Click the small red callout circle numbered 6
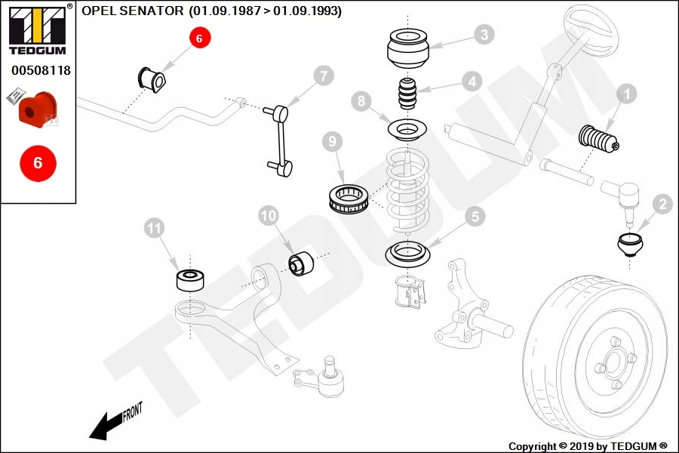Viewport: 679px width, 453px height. pos(200,38)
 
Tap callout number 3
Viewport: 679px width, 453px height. pos(484,34)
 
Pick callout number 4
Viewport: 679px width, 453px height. pos(472,81)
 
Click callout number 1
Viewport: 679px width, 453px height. pos(627,94)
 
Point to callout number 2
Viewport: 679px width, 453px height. pos(662,203)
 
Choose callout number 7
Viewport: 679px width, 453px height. pos(322,75)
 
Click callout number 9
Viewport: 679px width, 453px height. pos(331,141)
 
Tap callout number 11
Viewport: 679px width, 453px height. pos(155,227)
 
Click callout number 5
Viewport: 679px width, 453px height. pos(475,217)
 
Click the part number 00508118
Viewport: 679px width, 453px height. pos(41,70)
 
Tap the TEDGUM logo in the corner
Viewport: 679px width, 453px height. pos(37,29)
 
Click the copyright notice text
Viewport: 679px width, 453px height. pos(588,446)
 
